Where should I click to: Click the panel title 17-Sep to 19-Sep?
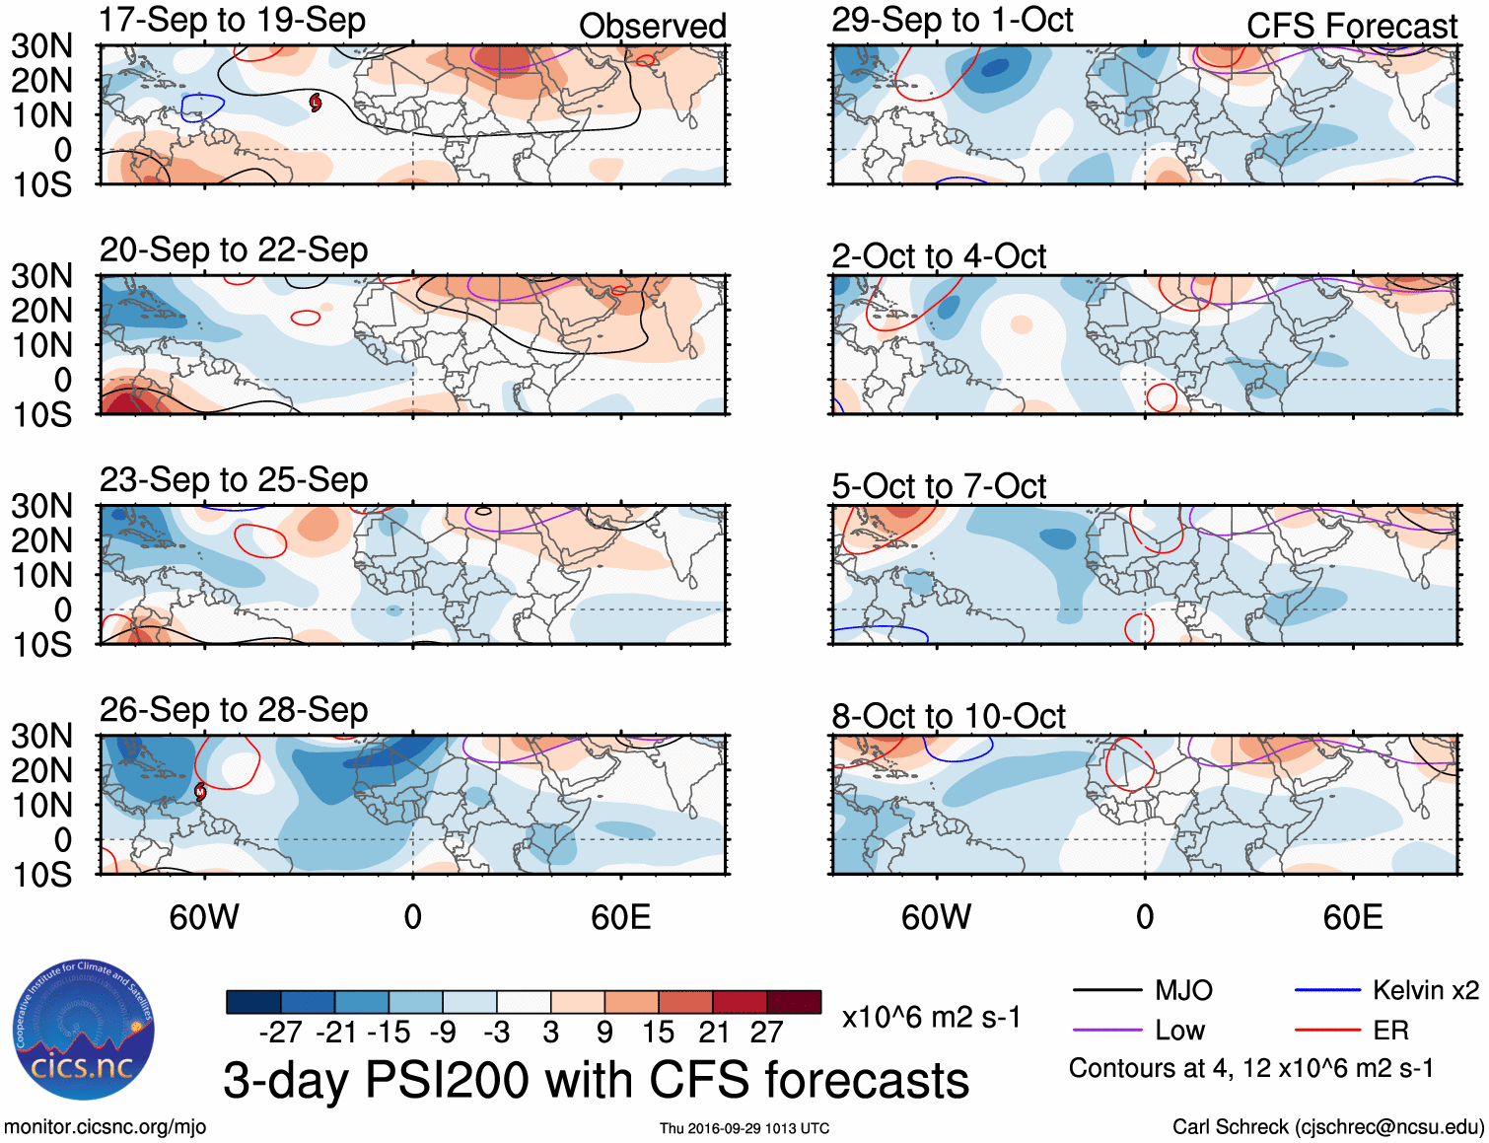(233, 20)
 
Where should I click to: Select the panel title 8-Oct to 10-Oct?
(949, 716)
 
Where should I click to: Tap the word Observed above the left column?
(653, 26)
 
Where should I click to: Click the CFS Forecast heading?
(1352, 26)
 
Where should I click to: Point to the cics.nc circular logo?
(83, 1031)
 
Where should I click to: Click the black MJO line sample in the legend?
(1106, 990)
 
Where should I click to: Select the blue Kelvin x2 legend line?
(1327, 990)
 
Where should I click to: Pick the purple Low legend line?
(1106, 1031)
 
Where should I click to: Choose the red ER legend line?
(1327, 1031)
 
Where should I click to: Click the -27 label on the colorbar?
(280, 1033)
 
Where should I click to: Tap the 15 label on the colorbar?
(658, 1033)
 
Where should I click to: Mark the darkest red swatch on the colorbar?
(794, 1002)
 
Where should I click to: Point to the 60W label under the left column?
(204, 917)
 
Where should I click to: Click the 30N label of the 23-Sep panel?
(42, 506)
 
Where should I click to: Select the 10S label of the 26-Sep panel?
(42, 875)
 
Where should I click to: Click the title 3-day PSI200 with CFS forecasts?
(596, 1080)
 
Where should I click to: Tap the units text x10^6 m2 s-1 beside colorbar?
(931, 1017)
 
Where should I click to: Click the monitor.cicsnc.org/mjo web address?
(105, 1126)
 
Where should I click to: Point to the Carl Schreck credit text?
(1327, 1126)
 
